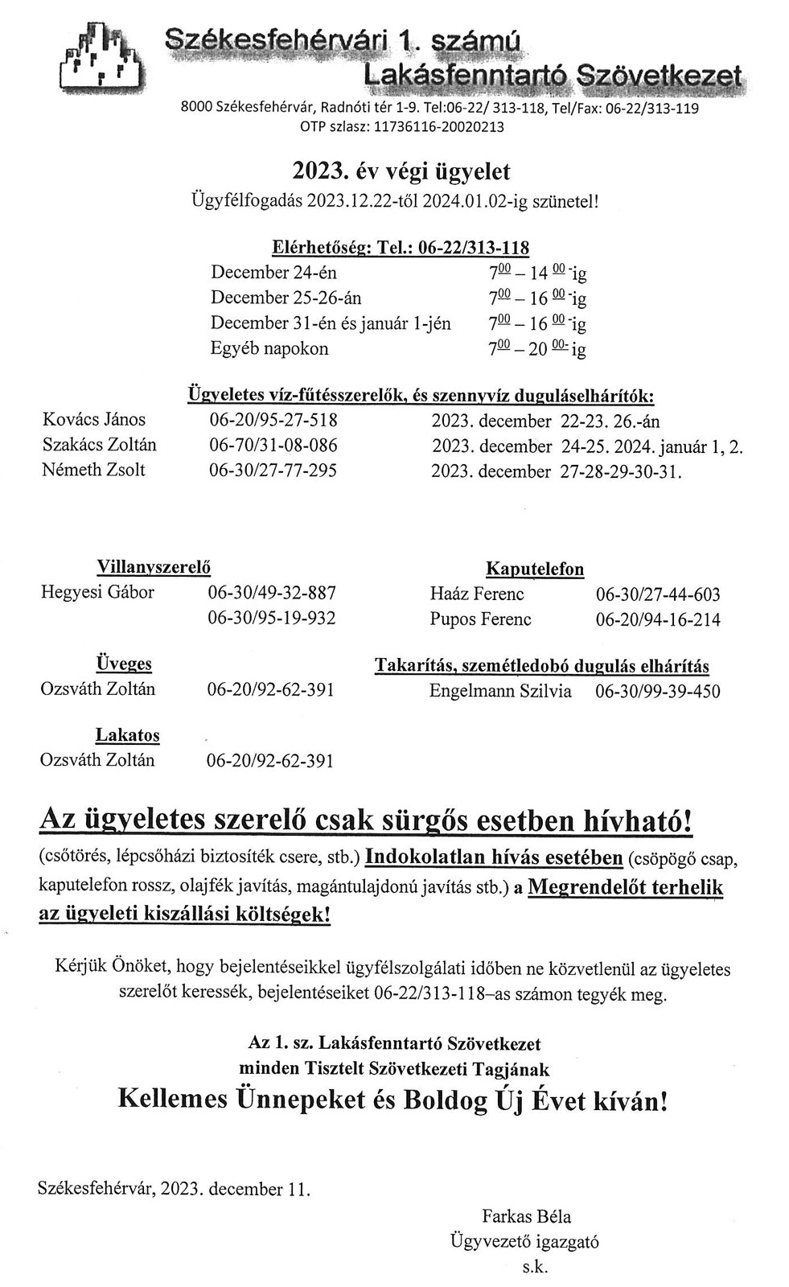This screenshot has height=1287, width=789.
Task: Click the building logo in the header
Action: [x=100, y=56]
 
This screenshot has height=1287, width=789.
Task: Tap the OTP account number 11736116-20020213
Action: [x=436, y=126]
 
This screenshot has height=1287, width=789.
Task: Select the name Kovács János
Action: [x=94, y=419]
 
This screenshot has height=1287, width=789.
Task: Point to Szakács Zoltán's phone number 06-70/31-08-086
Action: [x=273, y=445]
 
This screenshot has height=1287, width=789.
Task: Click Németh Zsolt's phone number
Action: [x=273, y=470]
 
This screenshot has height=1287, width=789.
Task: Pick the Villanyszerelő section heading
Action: [x=154, y=566]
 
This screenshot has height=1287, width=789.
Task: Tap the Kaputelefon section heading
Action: [x=535, y=569]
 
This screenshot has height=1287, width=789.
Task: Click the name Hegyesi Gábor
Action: [x=97, y=593]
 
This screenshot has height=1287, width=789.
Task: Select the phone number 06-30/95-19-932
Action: [x=271, y=618]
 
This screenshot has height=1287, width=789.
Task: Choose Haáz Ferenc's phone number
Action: [x=657, y=594]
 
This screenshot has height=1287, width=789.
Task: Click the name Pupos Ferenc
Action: [x=480, y=619]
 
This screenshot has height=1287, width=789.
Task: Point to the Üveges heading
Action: [x=124, y=664]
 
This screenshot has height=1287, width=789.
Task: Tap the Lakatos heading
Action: [x=128, y=735]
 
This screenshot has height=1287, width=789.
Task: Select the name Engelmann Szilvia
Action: [x=500, y=691]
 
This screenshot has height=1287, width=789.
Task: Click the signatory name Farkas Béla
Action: [x=527, y=1216]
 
